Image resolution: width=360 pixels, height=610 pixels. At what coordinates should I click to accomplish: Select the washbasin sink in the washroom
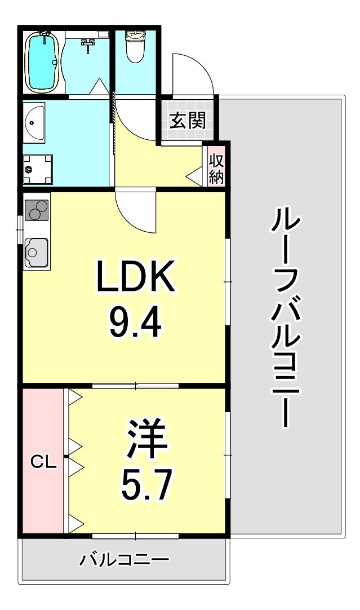(34, 122)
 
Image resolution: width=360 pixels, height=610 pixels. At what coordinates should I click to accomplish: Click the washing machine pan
(37, 170)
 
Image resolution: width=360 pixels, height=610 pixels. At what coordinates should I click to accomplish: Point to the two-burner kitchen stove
(37, 210)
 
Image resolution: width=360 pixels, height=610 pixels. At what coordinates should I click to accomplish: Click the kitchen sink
(37, 253)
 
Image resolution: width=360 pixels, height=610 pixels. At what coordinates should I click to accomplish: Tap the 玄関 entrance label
(187, 120)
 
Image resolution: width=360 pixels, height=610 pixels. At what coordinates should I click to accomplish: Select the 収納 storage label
(216, 169)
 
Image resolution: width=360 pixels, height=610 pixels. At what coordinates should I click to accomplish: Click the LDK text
(135, 277)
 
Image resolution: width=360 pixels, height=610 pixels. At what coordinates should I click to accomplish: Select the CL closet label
(43, 462)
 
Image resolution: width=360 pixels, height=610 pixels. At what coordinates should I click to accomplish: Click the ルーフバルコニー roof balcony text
(285, 317)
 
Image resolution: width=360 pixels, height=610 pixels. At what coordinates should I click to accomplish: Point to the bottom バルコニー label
(125, 560)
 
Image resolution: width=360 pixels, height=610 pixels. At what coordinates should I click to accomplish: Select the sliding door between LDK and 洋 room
(135, 386)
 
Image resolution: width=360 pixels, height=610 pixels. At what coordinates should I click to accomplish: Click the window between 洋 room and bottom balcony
(135, 536)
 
